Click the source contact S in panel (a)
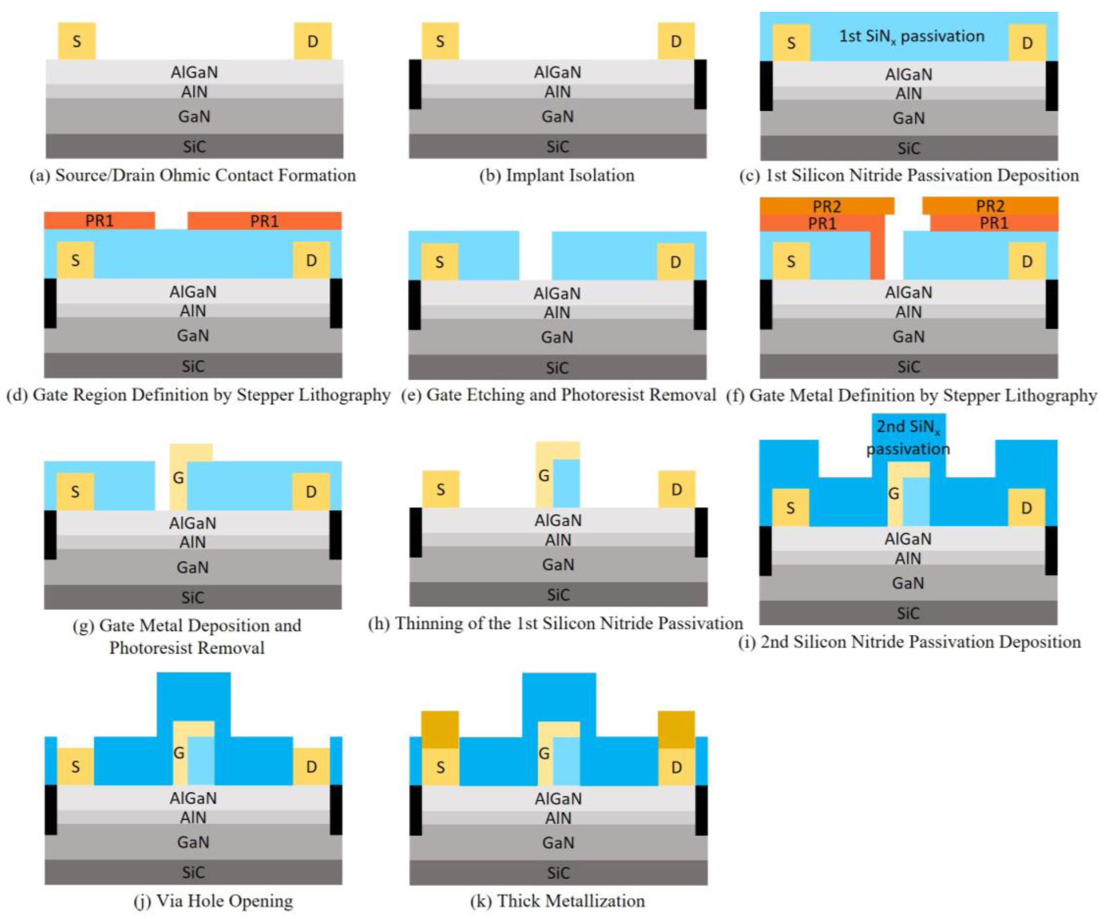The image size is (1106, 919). (77, 41)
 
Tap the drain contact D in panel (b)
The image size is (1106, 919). (676, 41)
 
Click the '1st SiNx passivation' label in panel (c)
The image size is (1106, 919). (911, 36)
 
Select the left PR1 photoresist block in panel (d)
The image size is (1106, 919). (99, 221)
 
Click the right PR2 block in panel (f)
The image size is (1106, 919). (990, 206)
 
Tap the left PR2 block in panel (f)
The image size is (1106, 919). (827, 206)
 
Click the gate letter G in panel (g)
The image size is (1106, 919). (179, 478)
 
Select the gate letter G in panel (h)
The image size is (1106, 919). (544, 476)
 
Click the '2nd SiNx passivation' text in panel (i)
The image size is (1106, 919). (908, 437)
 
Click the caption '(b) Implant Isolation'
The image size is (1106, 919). (557, 175)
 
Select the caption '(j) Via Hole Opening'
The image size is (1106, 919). (213, 901)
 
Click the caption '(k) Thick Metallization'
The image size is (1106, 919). (557, 901)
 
